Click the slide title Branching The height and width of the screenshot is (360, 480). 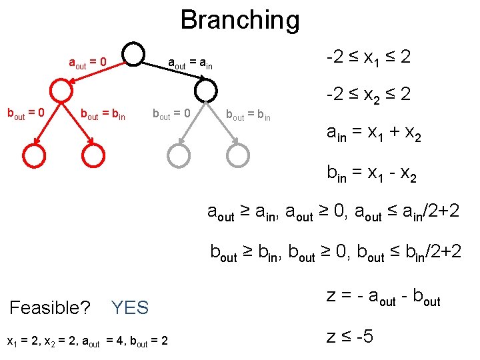pyautogui.click(x=240, y=20)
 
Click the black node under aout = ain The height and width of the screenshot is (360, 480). pyautogui.click(x=207, y=90)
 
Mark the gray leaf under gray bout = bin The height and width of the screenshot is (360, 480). pyautogui.click(x=237, y=155)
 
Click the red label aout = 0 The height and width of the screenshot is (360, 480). pyautogui.click(x=88, y=63)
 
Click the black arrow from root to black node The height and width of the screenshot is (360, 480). pyautogui.click(x=171, y=72)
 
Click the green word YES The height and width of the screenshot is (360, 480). pyautogui.click(x=130, y=307)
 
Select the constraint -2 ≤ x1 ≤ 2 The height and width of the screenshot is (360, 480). pyautogui.click(x=368, y=58)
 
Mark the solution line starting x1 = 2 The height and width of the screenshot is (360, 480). pyautogui.click(x=87, y=342)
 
